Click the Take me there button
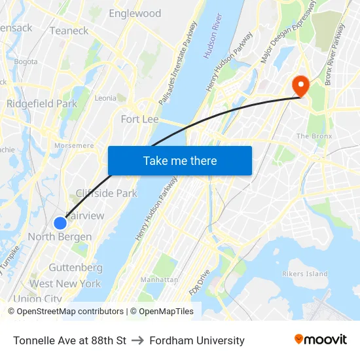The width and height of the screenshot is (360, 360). [179, 160]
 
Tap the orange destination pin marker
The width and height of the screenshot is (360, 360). [301, 85]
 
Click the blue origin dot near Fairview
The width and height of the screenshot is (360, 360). [60, 223]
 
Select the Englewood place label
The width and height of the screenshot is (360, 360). [135, 13]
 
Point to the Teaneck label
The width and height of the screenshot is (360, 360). [69, 31]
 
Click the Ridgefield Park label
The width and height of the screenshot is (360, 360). [42, 103]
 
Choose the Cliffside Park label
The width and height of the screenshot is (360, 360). [107, 193]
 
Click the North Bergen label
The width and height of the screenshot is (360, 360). [60, 237]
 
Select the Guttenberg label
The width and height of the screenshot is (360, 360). [75, 268]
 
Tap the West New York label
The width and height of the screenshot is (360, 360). [65, 283]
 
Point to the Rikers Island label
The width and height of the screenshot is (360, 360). [304, 274]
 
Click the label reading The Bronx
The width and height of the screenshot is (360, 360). [314, 136]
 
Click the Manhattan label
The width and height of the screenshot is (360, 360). [159, 279]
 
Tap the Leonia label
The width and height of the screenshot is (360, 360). [105, 98]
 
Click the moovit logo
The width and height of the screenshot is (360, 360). [320, 340]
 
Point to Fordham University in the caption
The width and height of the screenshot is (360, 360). [197, 340]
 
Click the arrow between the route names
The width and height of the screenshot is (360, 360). [137, 340]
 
